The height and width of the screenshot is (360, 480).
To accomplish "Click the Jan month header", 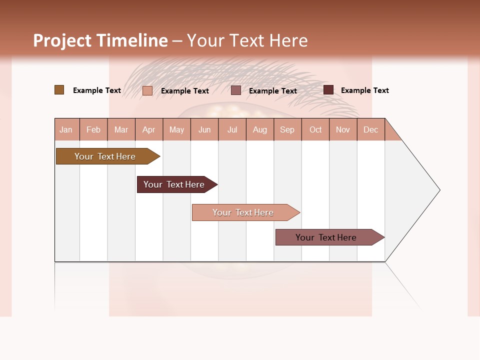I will (66, 129).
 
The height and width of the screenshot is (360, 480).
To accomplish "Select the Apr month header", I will (149, 129).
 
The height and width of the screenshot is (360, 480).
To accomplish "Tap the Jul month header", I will (232, 129).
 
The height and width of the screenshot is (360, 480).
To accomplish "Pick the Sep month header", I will (287, 129).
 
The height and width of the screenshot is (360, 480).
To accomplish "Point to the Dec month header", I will (370, 129).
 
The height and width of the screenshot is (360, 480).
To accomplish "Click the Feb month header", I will (93, 129).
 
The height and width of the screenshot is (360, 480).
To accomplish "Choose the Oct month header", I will (315, 129).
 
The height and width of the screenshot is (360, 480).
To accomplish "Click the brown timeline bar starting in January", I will (105, 156).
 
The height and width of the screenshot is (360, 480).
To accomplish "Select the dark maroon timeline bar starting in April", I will (174, 184).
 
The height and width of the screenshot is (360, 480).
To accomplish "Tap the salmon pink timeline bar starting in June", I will (243, 212).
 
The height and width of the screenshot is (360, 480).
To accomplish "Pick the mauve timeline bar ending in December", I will (326, 237).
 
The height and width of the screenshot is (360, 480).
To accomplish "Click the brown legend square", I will (59, 90).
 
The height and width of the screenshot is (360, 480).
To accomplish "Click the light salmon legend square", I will (147, 90).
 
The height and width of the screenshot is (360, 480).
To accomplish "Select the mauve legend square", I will (235, 90).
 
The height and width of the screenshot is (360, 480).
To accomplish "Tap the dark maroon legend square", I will (328, 90).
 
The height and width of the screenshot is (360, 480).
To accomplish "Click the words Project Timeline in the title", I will (100, 40).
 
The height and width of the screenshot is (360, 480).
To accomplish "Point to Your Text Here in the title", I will (247, 40).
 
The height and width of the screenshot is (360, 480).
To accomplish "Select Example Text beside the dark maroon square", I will (364, 90).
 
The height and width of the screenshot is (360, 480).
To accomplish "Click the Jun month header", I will (204, 129).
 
